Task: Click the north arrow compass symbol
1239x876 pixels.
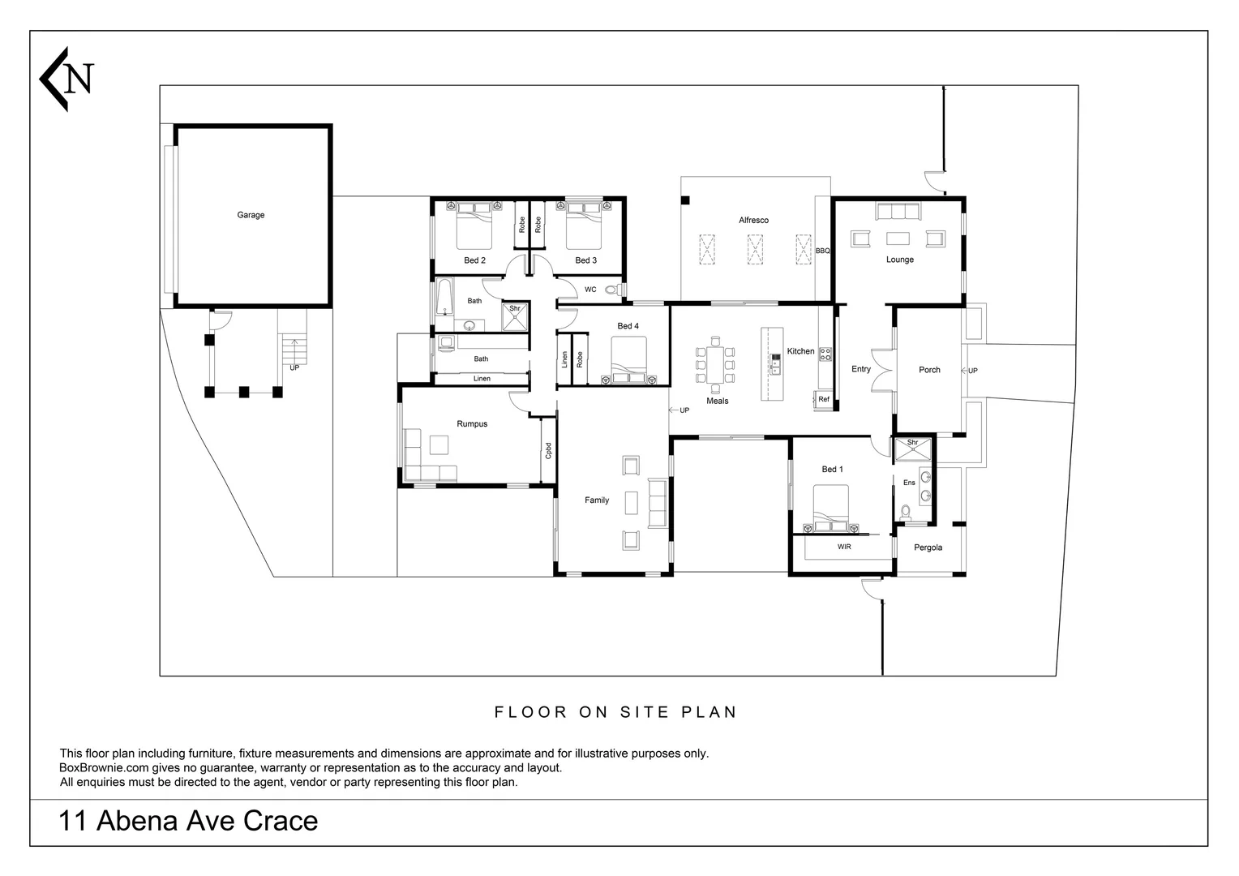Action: tap(66, 79)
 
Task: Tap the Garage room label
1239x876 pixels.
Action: tap(251, 215)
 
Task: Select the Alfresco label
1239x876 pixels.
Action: tap(753, 220)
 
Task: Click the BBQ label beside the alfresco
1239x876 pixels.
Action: tap(822, 251)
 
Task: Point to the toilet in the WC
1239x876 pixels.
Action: tap(613, 289)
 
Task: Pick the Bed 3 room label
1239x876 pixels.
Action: tap(585, 260)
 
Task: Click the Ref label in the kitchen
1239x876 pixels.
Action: tap(824, 399)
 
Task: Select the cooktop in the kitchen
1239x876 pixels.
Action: tap(825, 354)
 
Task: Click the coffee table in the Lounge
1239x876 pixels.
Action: tap(898, 238)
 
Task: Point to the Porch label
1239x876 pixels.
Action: tap(929, 370)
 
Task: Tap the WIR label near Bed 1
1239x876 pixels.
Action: tap(844, 547)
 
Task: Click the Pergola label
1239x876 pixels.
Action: tap(928, 547)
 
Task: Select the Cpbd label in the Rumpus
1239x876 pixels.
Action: tap(548, 450)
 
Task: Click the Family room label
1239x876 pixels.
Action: tap(597, 500)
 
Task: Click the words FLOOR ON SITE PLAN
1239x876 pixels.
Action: tap(616, 712)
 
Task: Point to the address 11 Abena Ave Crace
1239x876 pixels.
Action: tap(188, 821)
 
